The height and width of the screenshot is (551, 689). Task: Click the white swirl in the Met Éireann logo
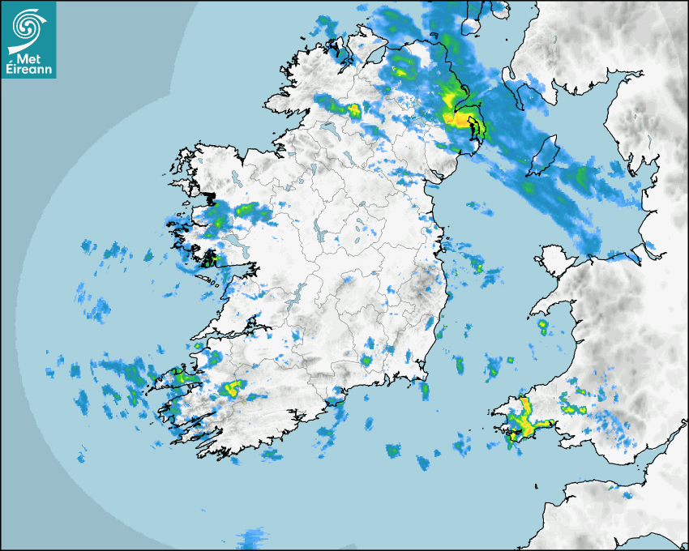point(28,25)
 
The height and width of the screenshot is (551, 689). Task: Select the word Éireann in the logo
point(28,70)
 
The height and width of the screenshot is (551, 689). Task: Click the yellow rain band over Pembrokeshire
point(528,419)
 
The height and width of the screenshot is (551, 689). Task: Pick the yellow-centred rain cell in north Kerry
point(233,387)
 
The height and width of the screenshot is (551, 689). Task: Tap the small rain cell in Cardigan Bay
point(542,327)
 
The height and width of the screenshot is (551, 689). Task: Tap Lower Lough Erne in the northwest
point(328,130)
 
